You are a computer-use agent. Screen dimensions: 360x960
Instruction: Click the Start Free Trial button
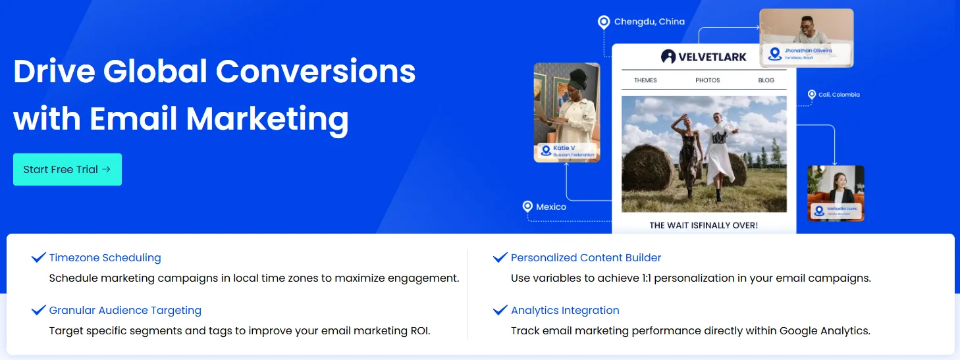[67, 169]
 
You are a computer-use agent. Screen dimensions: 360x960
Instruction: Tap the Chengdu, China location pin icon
[604, 22]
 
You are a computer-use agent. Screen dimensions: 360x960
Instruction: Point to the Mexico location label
[551, 207]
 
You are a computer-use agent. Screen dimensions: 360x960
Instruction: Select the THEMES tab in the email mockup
[645, 80]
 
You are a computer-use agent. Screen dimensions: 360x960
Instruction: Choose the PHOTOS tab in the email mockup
[708, 80]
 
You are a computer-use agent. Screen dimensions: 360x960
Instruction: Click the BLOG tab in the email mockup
[766, 80]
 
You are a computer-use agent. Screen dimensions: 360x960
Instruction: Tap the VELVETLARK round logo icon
[668, 57]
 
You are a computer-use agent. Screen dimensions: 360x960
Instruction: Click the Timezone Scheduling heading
[105, 258]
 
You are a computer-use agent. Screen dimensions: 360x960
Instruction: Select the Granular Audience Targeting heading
[125, 311]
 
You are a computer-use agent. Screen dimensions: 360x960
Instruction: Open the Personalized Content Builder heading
[586, 258]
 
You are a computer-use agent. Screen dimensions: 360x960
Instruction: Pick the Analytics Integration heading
[565, 311]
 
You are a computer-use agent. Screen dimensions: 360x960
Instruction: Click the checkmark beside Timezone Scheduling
[38, 257]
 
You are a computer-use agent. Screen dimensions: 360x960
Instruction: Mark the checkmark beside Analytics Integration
[500, 310]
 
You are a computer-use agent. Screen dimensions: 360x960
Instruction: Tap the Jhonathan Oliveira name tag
[807, 53]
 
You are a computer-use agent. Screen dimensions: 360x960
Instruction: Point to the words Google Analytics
[822, 330]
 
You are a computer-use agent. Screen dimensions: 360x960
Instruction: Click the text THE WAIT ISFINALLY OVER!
[703, 225]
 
